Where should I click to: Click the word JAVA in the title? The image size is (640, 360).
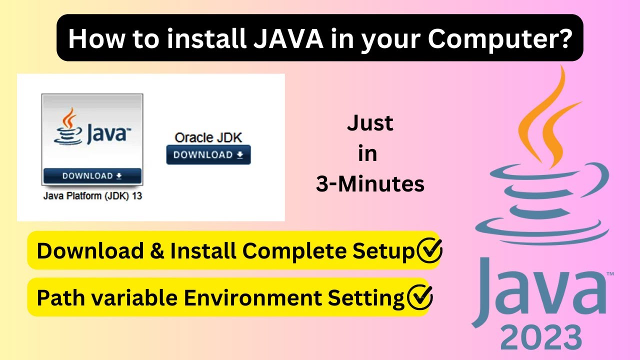click(288, 38)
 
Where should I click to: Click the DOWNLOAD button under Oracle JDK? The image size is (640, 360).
click(208, 155)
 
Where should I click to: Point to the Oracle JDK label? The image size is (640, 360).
click(208, 137)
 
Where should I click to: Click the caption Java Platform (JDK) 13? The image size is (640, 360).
click(92, 196)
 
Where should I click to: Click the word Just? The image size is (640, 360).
click(370, 123)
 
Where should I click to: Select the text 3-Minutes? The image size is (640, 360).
click(370, 184)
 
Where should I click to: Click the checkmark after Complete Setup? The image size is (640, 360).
click(429, 250)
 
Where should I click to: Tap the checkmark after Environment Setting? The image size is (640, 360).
click(420, 297)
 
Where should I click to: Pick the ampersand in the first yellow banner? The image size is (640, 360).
click(157, 251)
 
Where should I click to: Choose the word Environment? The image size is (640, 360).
click(253, 297)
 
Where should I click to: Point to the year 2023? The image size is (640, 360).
click(541, 337)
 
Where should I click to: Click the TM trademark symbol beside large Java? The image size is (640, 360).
click(610, 273)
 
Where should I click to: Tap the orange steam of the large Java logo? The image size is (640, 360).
click(550, 120)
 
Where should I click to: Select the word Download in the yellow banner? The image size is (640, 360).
click(90, 251)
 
